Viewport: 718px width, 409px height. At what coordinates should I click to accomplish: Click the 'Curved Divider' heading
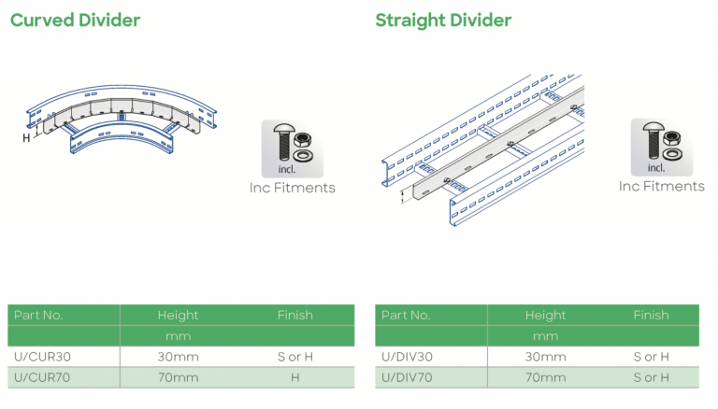pos(75,21)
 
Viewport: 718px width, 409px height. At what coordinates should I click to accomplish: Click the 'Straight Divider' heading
pos(443,21)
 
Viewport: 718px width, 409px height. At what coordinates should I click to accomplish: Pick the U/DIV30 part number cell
pos(407,357)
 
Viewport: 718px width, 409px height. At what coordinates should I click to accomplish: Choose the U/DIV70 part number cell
pos(407,377)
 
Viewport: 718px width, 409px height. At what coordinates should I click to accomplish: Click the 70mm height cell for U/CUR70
pos(178,377)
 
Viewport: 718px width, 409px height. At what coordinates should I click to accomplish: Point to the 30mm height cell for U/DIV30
pos(546,357)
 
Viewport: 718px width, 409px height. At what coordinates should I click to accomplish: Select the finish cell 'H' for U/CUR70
pos(294,377)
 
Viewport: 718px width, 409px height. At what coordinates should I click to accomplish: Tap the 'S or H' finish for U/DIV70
pos(651,377)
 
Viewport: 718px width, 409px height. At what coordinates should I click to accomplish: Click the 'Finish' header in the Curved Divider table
pos(294,316)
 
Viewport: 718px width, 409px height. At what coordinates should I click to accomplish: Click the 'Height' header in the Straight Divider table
pos(545,316)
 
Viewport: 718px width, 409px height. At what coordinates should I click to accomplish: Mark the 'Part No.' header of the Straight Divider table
pos(406,316)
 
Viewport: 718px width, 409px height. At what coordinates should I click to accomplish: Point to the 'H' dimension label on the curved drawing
pos(26,137)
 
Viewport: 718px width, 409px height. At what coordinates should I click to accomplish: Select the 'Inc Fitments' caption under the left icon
pos(292,188)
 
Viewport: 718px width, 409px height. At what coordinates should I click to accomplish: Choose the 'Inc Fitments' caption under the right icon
pos(661,187)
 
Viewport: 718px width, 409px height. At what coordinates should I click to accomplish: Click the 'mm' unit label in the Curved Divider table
pos(178,336)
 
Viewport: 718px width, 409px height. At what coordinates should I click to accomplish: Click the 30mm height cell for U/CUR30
pos(178,357)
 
